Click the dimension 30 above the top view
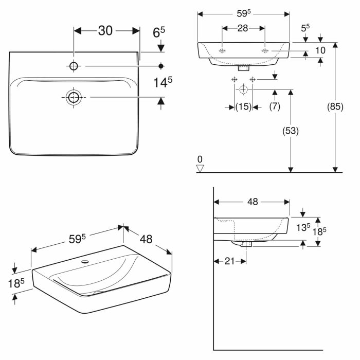pyautogui.click(x=105, y=31)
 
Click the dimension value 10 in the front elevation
pyautogui.click(x=320, y=50)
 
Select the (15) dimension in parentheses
pyautogui.click(x=243, y=106)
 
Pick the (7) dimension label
pyautogui.click(x=275, y=106)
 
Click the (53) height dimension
pyautogui.click(x=291, y=131)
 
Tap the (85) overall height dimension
pyautogui.click(x=335, y=107)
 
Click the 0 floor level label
pyautogui.click(x=201, y=158)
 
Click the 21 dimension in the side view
pyautogui.click(x=229, y=261)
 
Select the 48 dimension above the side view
pyautogui.click(x=252, y=202)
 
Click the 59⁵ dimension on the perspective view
pyautogui.click(x=77, y=239)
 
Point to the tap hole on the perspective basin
pyautogui.click(x=85, y=261)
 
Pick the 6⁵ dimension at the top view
pyautogui.click(x=159, y=32)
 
